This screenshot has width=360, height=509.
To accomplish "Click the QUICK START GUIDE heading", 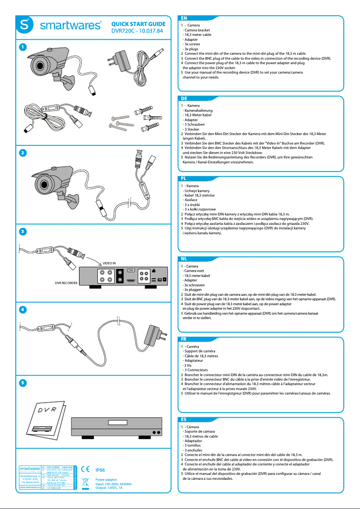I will coord(138,24).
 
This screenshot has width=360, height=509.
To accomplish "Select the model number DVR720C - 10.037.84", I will coord(137,31).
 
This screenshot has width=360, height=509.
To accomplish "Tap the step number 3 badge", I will coord(22,231).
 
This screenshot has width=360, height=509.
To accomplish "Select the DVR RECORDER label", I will coord(66,283).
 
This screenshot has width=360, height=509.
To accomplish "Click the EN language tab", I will coord(184,18).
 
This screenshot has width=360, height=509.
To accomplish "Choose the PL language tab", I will coord(184,178).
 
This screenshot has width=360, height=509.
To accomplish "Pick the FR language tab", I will coord(184,339).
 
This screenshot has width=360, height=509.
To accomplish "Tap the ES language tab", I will coord(184,419).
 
